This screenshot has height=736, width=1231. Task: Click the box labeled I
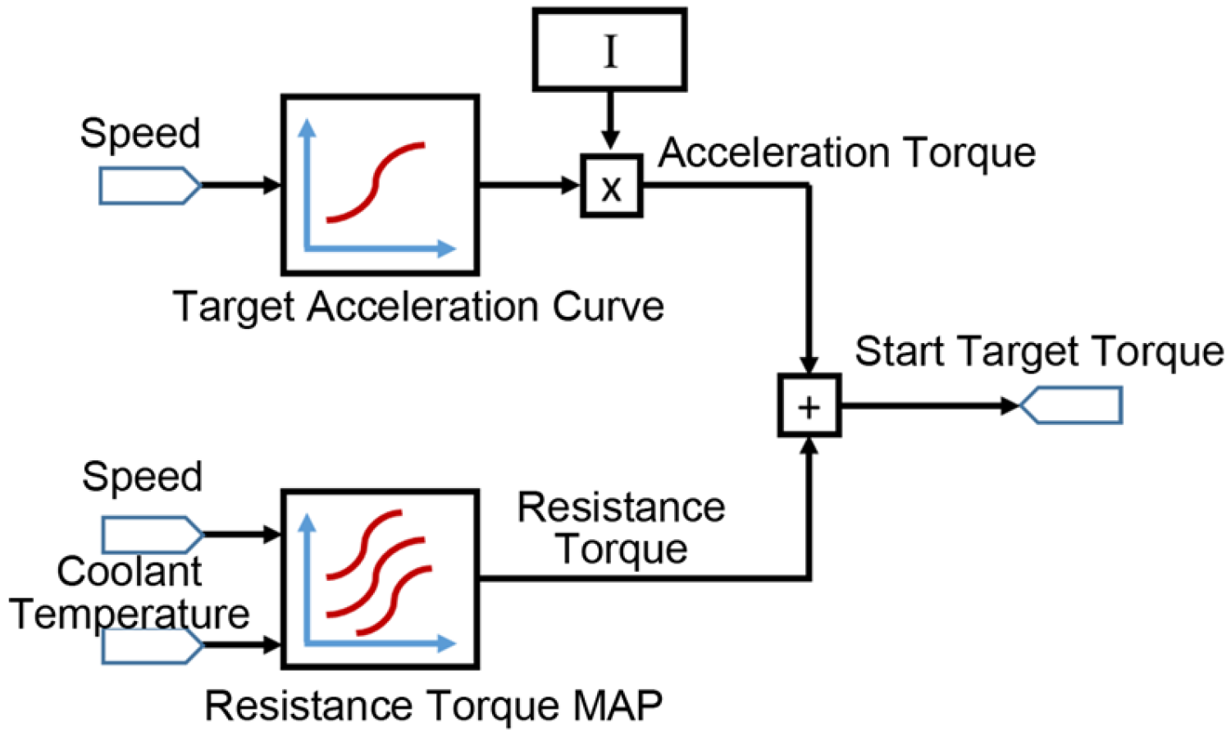pos(609,49)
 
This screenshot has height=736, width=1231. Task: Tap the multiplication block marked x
pos(611,186)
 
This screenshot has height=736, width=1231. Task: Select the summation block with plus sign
pos(809,406)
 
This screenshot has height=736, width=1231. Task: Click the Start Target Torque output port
pos(1071,406)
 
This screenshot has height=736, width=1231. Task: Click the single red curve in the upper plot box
pos(376,182)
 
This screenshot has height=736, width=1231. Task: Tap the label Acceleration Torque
pos(846,153)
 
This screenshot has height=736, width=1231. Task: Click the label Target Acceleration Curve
pos(418,307)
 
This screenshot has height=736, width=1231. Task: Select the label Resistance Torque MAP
pos(433,706)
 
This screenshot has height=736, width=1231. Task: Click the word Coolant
pos(129,572)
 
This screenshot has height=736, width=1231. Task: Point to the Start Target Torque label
pos(1039,351)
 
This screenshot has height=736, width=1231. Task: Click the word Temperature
pos(129,614)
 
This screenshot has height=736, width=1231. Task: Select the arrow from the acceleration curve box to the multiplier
pos(529,185)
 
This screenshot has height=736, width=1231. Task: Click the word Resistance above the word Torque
pos(621,508)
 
